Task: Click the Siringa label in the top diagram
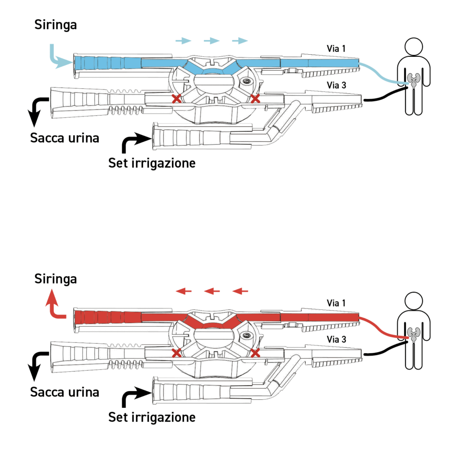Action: pos(56,25)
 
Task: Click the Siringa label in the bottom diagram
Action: pos(56,279)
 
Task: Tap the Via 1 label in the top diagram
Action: pos(336,48)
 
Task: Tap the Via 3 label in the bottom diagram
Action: pos(336,339)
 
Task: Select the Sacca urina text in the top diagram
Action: pos(64,138)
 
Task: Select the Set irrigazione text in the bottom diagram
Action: pos(152,418)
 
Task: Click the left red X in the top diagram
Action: pos(176,98)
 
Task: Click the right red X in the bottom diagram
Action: pos(255,353)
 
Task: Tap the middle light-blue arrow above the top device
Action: pos(212,41)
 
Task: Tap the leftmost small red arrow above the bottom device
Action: pos(184,291)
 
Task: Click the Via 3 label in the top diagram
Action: pos(336,85)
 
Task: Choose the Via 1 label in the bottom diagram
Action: pos(336,303)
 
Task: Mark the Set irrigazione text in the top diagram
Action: pos(152,163)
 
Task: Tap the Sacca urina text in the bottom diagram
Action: pos(64,392)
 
